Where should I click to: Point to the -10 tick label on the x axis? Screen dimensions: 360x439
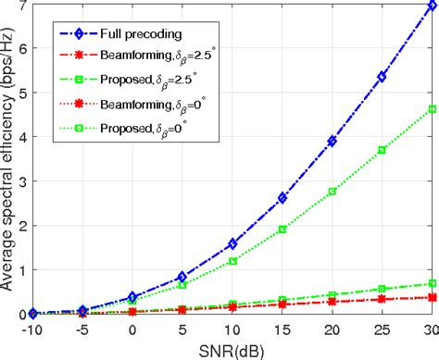point(32,328)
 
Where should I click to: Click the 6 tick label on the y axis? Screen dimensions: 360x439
point(21,48)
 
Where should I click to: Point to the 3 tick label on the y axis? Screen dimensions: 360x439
point(21,180)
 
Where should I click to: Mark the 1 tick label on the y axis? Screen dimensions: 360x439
point(21,269)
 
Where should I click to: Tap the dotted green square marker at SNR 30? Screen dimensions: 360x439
point(432,109)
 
